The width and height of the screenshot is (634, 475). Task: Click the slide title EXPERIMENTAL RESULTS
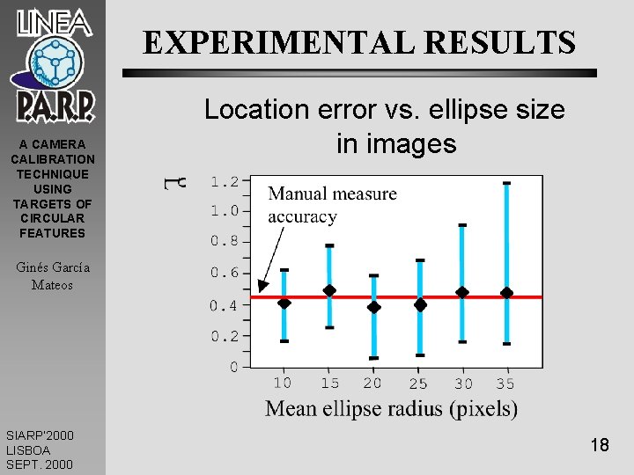[x=359, y=41]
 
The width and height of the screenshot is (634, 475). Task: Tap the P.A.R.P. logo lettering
[x=55, y=106]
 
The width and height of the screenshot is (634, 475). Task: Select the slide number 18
[x=600, y=445]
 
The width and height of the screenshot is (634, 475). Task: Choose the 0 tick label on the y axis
[x=233, y=367]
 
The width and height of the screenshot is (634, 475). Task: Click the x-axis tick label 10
[x=283, y=384]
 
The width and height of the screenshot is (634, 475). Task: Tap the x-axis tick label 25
[x=418, y=384]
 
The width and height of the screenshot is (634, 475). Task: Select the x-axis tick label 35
[x=505, y=384]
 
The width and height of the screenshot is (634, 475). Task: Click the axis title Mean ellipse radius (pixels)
[x=391, y=408]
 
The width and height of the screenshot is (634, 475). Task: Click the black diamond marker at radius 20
[x=373, y=307]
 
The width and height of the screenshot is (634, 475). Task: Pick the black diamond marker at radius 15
[x=329, y=290]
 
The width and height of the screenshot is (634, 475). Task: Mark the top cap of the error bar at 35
[x=506, y=183]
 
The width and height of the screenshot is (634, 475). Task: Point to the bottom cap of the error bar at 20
[x=373, y=358]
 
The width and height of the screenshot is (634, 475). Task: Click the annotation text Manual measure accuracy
[x=331, y=205]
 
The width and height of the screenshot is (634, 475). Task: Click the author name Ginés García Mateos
[x=52, y=275]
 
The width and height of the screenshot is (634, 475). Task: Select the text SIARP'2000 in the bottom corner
[x=40, y=435]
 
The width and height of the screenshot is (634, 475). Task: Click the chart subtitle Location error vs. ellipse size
[x=384, y=110]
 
